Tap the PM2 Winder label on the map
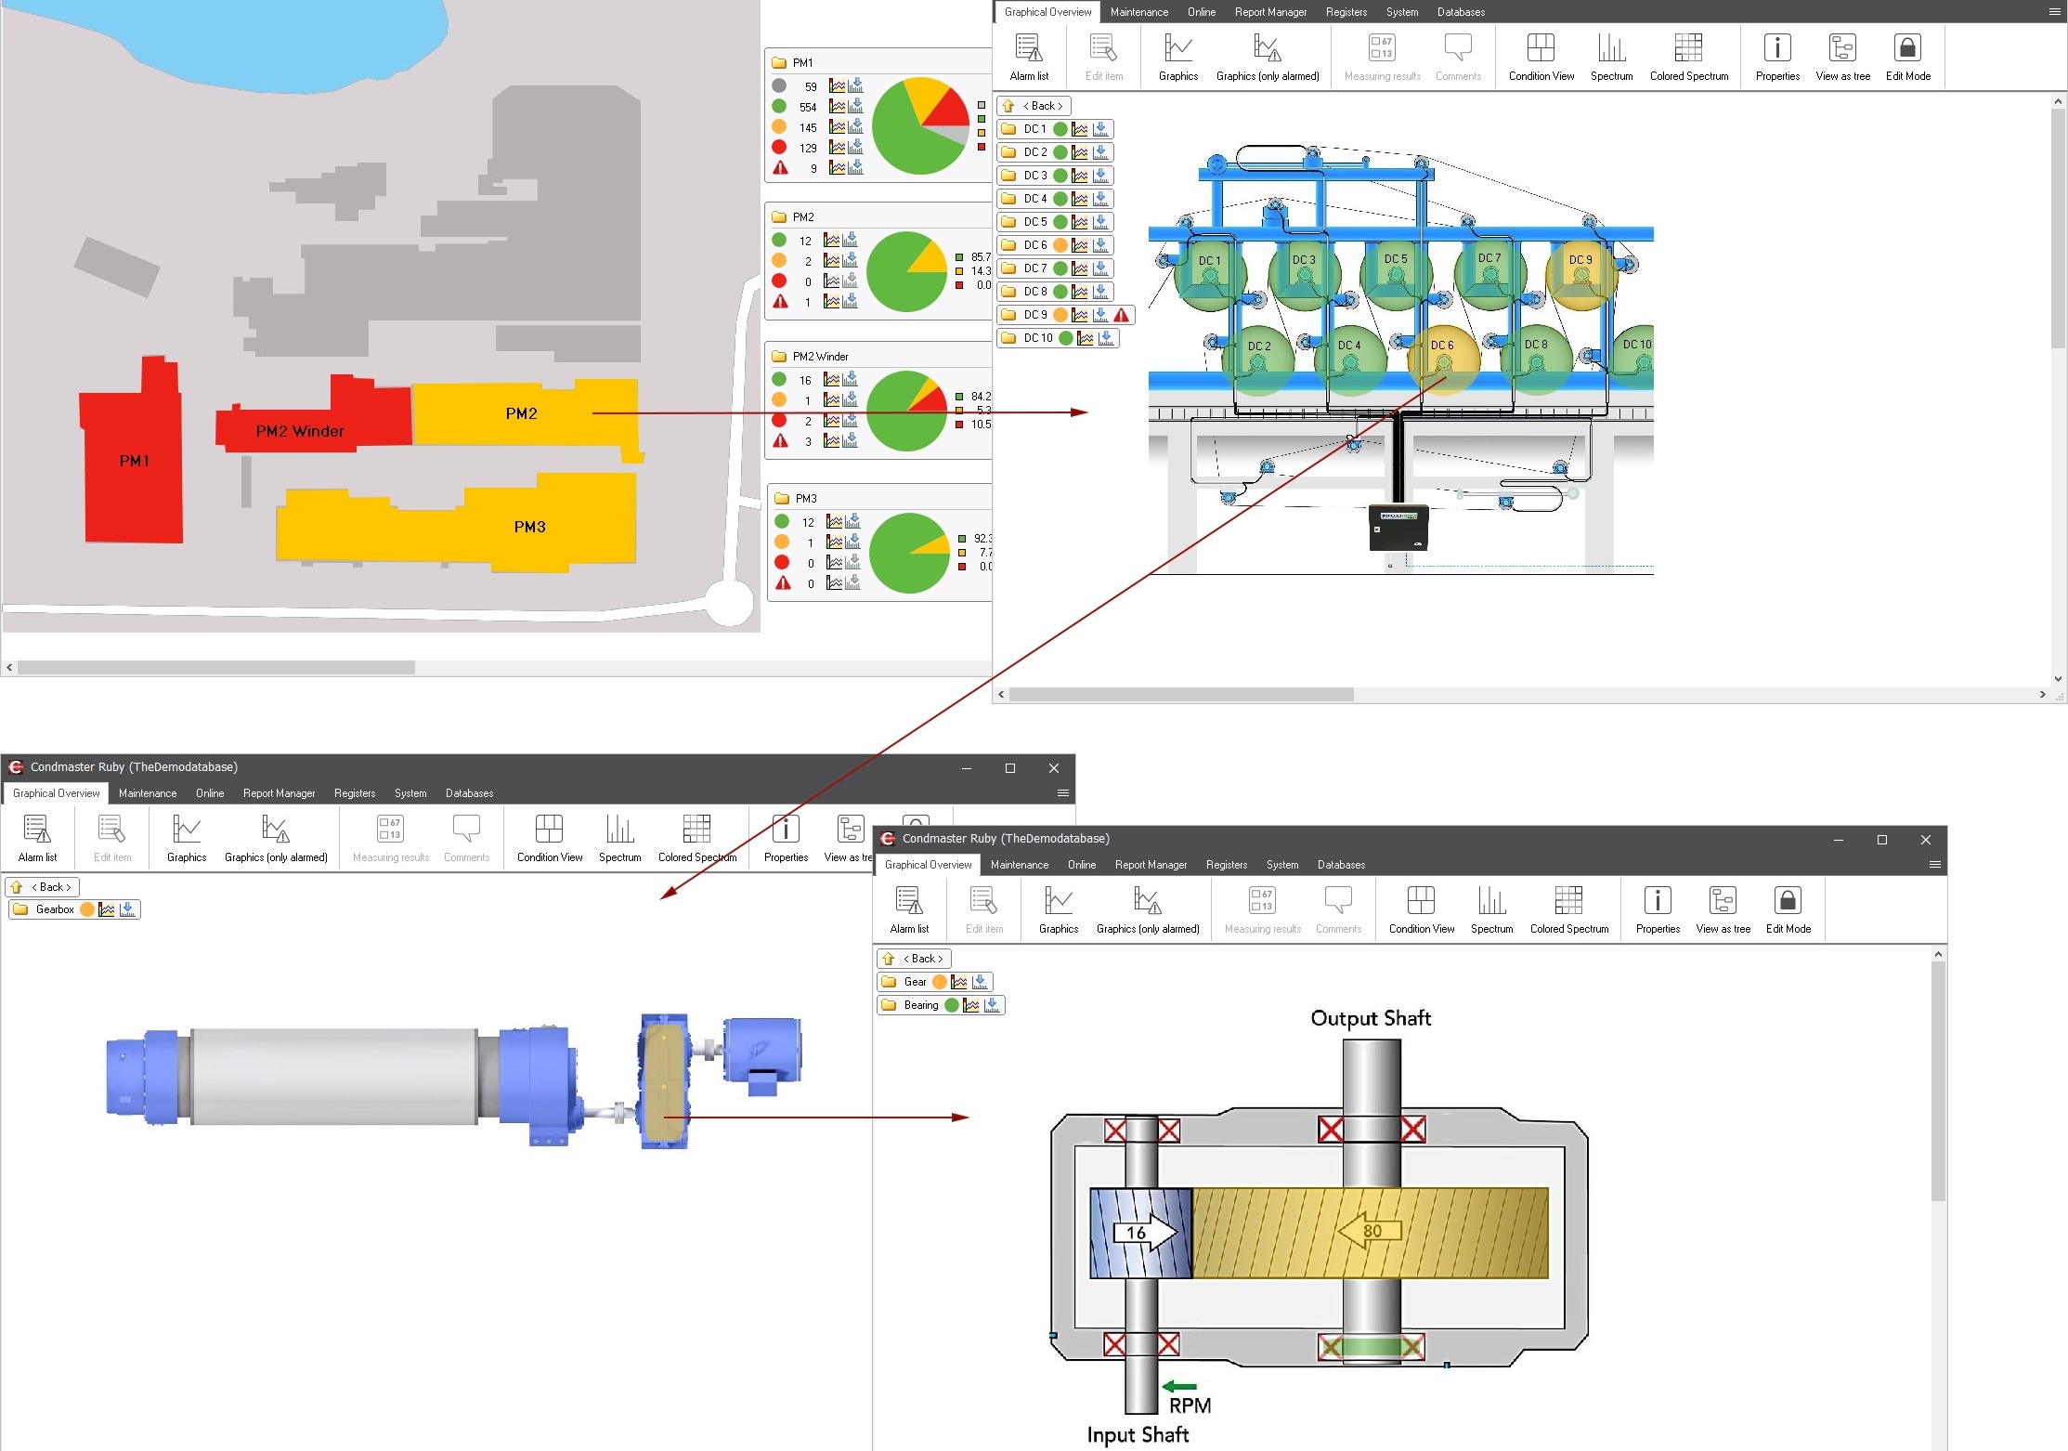[300, 431]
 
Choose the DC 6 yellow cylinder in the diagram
[1443, 358]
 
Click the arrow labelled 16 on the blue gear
[1145, 1233]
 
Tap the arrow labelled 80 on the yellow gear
[1369, 1231]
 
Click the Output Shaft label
[1371, 1018]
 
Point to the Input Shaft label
[1138, 1435]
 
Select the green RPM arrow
[1179, 1387]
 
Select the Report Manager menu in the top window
[1270, 12]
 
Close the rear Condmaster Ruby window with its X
[1053, 768]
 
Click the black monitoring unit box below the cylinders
[1398, 527]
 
